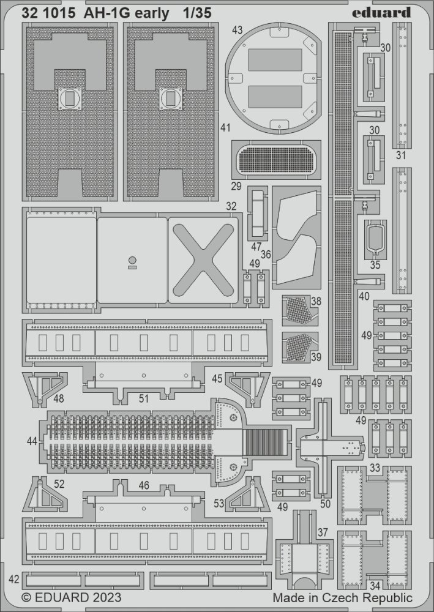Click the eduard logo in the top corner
point(381,12)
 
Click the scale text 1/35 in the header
point(197,13)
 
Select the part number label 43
point(237,30)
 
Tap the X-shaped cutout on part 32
point(203,260)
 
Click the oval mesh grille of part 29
point(276,159)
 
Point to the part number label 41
point(225,128)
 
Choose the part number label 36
point(266,255)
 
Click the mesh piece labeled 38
point(297,310)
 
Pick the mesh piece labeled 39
point(297,347)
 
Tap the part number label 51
point(144,398)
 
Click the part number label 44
point(32,441)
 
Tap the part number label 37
point(323,532)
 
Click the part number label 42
point(13,579)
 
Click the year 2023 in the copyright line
point(107,597)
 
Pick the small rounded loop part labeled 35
point(375,239)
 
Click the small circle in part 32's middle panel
point(132,260)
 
